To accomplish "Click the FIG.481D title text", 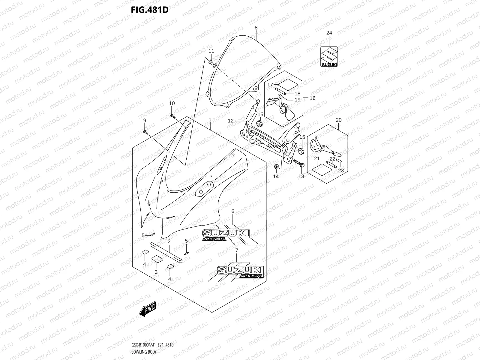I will (149, 10).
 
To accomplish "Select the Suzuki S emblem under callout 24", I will (329, 56).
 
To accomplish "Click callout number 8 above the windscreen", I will (256, 28).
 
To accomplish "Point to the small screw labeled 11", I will (211, 62).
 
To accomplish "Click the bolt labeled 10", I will (172, 116).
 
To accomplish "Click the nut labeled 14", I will (276, 166).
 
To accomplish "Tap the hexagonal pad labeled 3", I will (156, 259).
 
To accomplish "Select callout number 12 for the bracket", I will (230, 121).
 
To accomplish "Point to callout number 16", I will (312, 98).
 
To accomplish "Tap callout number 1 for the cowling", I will (210, 120).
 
